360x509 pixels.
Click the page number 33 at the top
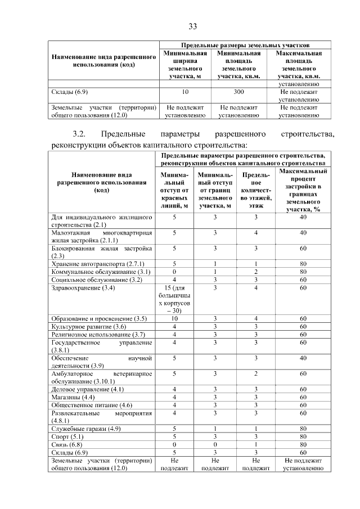[192, 26]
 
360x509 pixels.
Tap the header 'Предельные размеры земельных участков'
[245, 44]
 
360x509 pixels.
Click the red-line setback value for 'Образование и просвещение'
[174, 318]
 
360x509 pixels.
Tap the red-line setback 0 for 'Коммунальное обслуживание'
[174, 271]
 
